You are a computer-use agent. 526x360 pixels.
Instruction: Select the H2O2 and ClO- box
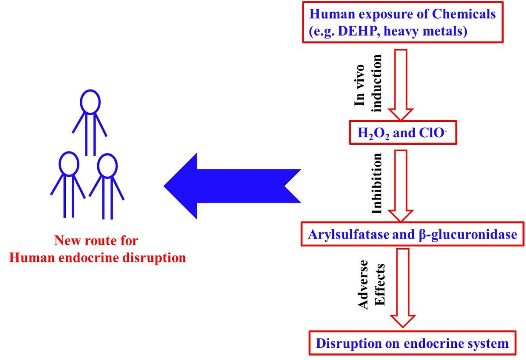tap(402, 132)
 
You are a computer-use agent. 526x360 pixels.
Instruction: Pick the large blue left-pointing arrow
tap(232, 185)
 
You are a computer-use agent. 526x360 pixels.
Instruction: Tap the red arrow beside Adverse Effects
tap(402, 288)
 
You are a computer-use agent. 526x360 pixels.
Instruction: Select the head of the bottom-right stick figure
tap(107, 165)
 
